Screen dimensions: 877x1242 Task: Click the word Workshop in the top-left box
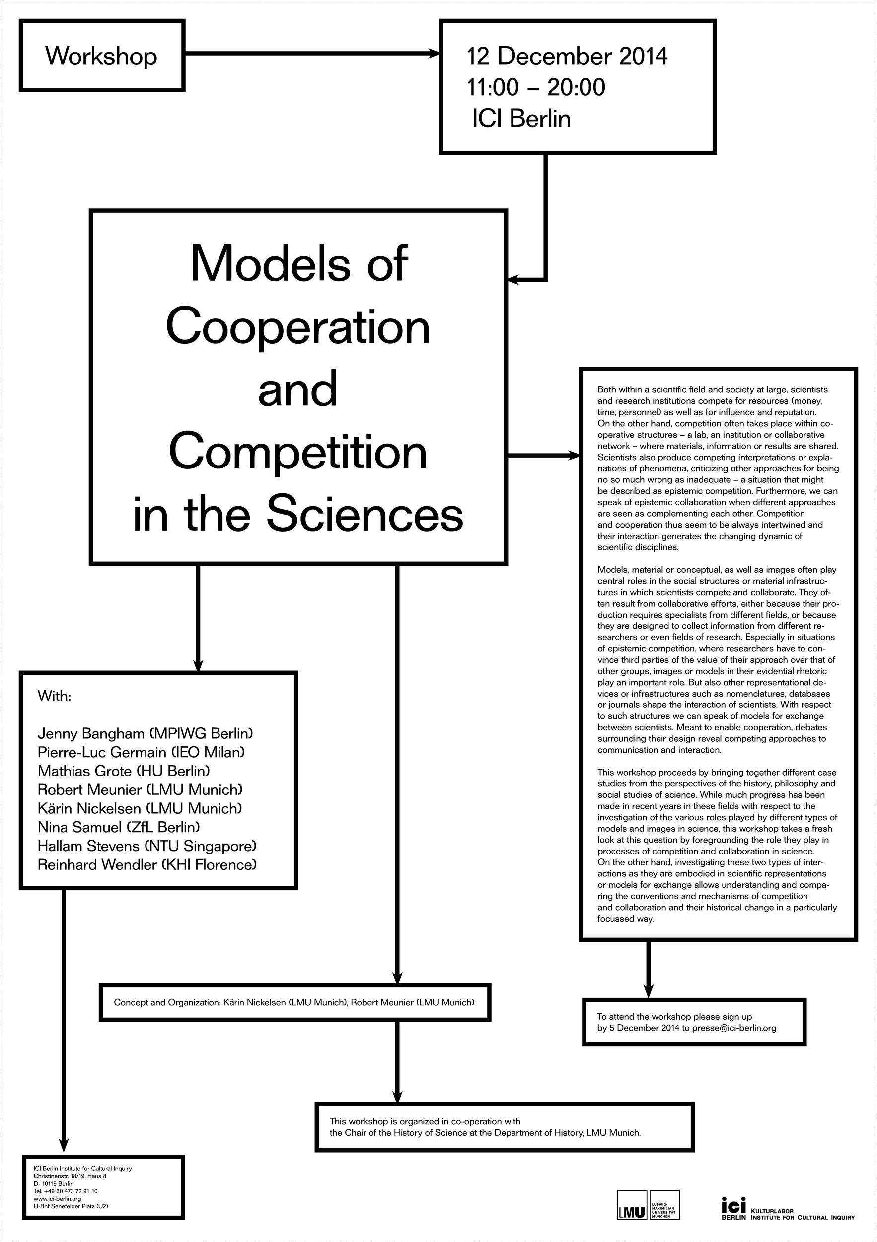click(x=101, y=56)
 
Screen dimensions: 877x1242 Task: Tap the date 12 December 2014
click(x=567, y=56)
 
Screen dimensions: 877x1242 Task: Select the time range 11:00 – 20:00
click(x=536, y=87)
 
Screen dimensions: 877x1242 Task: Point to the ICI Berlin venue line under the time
click(x=521, y=118)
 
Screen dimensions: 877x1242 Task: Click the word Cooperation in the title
click(x=298, y=327)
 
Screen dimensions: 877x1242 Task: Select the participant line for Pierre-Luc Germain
click(x=141, y=753)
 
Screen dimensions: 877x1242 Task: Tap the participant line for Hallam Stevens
click(x=147, y=846)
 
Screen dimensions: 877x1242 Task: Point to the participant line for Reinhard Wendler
click(x=147, y=865)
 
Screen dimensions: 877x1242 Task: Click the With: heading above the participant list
click(x=54, y=696)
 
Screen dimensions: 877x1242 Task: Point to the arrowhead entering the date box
click(x=434, y=53)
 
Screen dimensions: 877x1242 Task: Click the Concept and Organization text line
click(x=294, y=1002)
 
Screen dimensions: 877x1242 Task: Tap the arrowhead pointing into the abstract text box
click(x=574, y=456)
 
